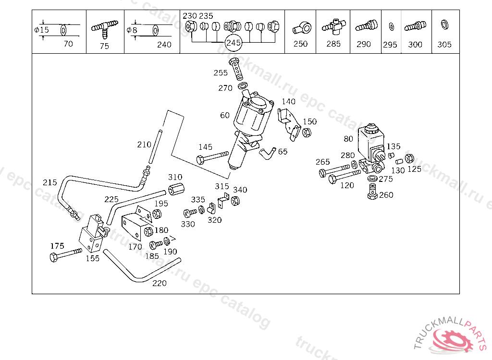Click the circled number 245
[x=234, y=43]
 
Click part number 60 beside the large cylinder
[x=225, y=115]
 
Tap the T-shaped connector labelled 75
[x=105, y=28]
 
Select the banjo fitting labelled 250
[x=302, y=28]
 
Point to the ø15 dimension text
[x=41, y=30]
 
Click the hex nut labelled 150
[x=307, y=132]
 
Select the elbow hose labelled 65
[x=267, y=153]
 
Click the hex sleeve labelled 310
[x=176, y=189]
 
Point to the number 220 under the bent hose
[x=160, y=283]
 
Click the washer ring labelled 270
[x=243, y=85]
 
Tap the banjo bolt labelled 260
[x=372, y=192]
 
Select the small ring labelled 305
[x=444, y=24]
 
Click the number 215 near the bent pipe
[x=50, y=182]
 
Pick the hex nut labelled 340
[x=235, y=200]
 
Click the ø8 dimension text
[x=132, y=30]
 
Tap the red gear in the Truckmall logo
[x=453, y=341]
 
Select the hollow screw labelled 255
[x=236, y=69]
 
